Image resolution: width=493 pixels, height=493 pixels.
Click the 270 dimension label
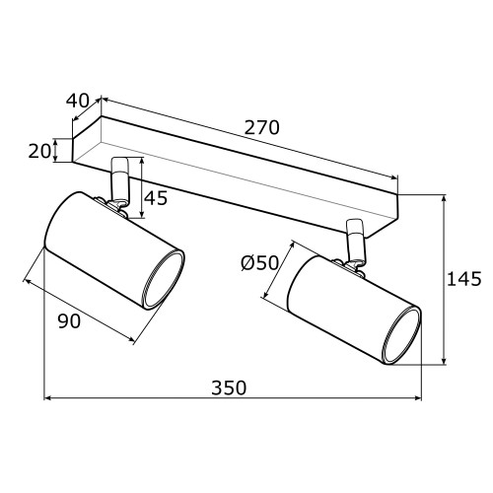(261, 128)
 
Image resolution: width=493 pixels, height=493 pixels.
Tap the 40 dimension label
(78, 101)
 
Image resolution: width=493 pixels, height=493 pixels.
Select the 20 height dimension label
(39, 152)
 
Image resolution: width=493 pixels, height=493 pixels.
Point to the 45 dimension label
(156, 198)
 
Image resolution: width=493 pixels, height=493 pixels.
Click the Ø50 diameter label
(259, 263)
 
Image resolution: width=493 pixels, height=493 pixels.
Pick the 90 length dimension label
(69, 321)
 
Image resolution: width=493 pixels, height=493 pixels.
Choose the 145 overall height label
(464, 279)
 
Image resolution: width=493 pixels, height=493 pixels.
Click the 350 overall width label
(229, 387)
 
